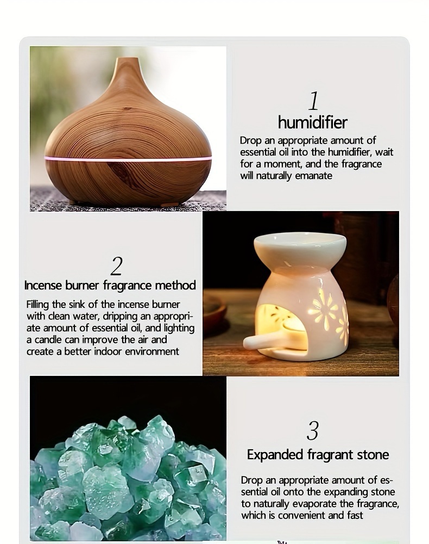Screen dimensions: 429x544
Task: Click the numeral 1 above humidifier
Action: point(313,101)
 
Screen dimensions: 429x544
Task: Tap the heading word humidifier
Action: point(312,122)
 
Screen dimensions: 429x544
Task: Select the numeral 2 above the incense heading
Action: point(117,266)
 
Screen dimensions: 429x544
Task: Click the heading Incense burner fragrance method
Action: point(110,285)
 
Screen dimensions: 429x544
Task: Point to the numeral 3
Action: point(313,431)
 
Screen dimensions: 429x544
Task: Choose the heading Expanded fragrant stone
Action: point(318,454)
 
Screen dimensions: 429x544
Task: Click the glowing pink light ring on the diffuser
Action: point(128,158)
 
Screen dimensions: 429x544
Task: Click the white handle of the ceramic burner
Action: point(260,342)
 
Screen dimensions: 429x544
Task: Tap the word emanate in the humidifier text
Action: point(313,176)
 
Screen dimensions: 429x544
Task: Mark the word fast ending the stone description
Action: point(355,516)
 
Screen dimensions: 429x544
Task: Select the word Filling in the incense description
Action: point(37,305)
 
